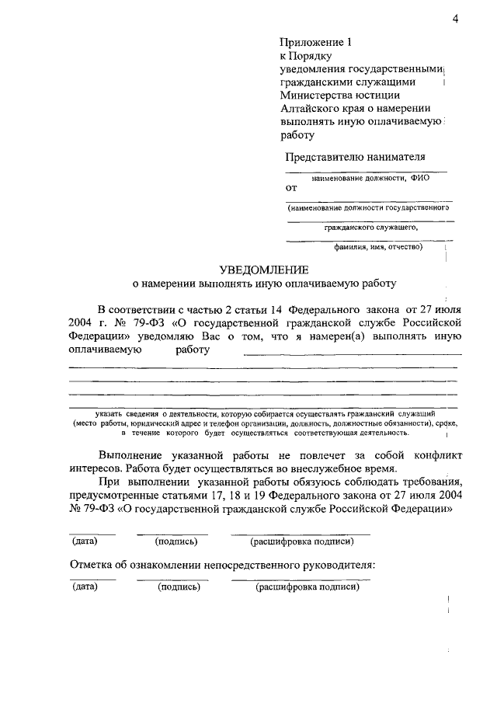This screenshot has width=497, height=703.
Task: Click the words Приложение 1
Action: [x=311, y=44]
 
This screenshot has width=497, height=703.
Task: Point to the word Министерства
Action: [x=315, y=96]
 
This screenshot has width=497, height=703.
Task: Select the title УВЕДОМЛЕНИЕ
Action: [x=263, y=270]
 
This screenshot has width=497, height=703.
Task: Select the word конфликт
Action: [x=438, y=454]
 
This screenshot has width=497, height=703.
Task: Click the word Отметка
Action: [x=93, y=564]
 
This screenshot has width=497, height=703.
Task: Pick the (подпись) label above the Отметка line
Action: [x=176, y=541]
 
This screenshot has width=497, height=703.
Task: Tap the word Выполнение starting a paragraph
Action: [x=130, y=454]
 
